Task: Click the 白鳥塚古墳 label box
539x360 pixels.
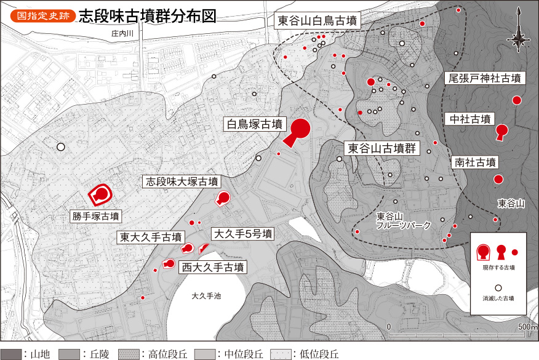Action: (x=253, y=124)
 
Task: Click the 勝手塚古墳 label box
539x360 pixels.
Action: (x=96, y=216)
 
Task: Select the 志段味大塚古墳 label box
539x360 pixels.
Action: (x=182, y=182)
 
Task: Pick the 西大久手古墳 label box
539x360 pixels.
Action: (x=212, y=267)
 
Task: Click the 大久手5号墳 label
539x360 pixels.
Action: (x=242, y=234)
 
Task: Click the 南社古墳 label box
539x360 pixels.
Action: (x=474, y=162)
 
